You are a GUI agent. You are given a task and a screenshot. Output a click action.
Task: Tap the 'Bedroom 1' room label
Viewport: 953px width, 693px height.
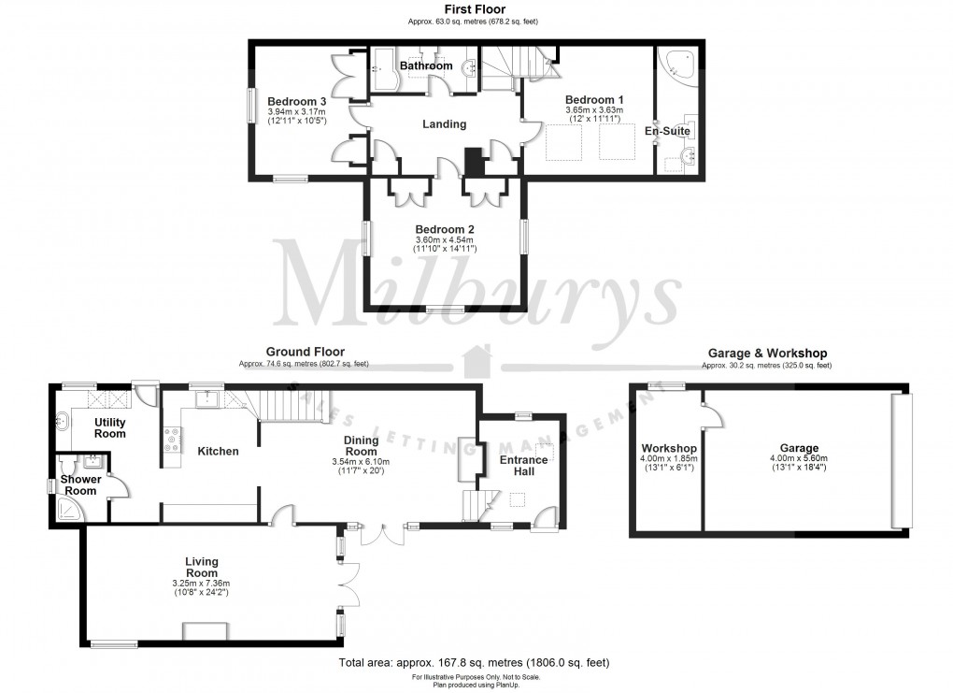coord(594,99)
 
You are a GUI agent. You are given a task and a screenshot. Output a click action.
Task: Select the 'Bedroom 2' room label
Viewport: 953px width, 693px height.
coord(446,229)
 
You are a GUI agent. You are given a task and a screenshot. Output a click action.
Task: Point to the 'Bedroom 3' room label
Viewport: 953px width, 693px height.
coord(296,101)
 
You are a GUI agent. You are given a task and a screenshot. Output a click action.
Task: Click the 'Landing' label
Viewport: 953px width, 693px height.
coord(444,124)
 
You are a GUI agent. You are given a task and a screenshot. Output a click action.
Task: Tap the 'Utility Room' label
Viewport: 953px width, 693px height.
coord(109,428)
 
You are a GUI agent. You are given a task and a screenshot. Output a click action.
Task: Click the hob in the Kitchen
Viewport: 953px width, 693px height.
coord(172,440)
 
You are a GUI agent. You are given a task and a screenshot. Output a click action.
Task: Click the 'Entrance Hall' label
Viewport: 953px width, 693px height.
coord(523,466)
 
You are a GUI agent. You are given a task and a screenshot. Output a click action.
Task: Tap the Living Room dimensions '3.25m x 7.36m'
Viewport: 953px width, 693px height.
coord(201,583)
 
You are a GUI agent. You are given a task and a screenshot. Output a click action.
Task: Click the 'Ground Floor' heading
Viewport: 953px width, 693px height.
coord(303,353)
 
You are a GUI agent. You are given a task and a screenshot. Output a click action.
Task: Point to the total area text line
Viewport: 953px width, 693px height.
coord(474,663)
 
